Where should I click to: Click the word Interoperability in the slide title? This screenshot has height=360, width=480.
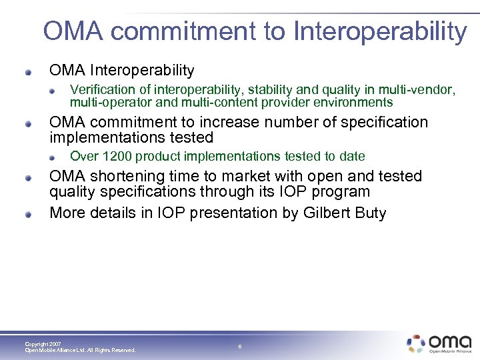pos(380,31)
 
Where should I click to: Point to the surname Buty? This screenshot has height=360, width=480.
pos(370,213)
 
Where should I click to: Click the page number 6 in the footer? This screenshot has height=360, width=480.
pos(239,347)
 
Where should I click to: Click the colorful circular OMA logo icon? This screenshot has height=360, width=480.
pos(416,343)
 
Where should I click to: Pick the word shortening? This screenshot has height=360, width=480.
pos(125,176)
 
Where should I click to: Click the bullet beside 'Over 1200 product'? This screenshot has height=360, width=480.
pos(59,157)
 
